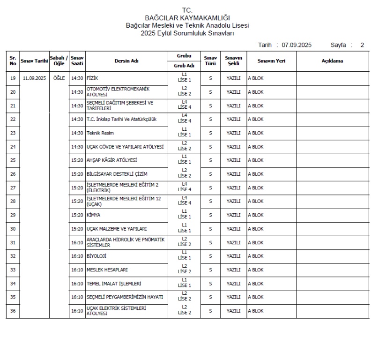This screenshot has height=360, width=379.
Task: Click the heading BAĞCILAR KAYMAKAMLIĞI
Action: click(x=187, y=18)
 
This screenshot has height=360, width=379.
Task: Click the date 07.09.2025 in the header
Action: click(x=296, y=45)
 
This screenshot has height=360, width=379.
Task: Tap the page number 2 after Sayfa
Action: click(x=362, y=45)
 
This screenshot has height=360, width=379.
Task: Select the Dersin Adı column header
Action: click(x=126, y=61)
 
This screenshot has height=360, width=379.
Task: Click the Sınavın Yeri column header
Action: click(x=271, y=61)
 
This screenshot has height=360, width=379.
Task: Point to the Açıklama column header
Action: click(x=332, y=61)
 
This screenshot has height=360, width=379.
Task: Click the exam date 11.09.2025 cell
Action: click(x=34, y=78)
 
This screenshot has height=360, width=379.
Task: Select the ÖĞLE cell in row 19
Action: click(x=59, y=78)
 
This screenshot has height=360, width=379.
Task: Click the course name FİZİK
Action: click(x=92, y=78)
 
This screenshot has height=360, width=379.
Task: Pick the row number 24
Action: click(x=13, y=147)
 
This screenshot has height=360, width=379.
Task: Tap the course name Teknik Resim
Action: click(x=100, y=133)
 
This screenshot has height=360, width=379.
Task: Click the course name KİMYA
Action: click(x=94, y=215)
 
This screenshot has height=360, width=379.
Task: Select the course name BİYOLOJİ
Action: click(x=97, y=256)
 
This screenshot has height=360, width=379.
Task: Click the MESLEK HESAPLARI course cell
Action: click(x=107, y=270)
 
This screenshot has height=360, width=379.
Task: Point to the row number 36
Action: click(x=13, y=311)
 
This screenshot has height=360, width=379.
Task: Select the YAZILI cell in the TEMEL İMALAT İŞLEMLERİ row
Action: click(x=233, y=284)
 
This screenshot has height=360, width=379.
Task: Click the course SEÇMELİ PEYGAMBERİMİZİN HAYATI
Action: click(x=125, y=297)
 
